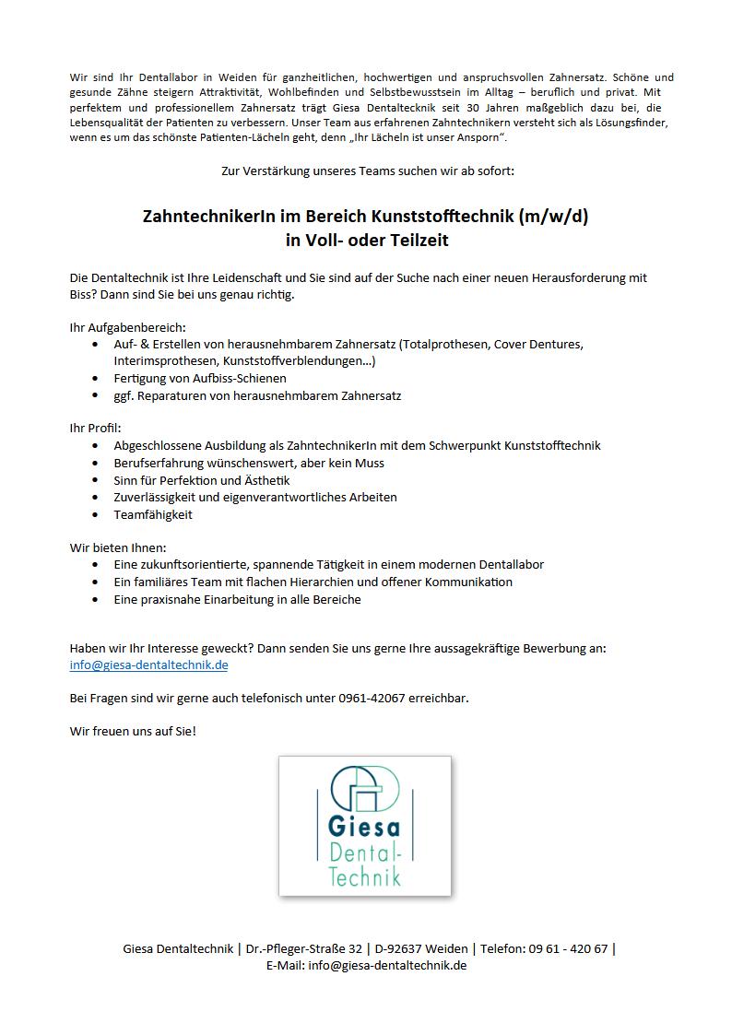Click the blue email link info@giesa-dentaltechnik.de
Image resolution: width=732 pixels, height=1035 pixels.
pos(148,665)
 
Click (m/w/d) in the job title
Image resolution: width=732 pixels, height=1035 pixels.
pos(554,217)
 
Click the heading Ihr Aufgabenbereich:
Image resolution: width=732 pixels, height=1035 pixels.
pos(127,326)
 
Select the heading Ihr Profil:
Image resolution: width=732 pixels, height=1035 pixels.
pos(95,429)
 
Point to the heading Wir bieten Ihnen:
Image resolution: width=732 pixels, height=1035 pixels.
pos(118,547)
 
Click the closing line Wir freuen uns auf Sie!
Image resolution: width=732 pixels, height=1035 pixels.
pos(133,731)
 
